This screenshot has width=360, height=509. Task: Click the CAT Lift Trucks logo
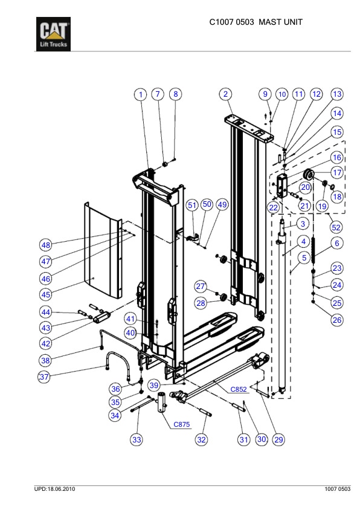click(54, 36)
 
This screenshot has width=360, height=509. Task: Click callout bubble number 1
click(140, 95)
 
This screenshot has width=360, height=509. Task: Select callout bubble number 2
click(225, 94)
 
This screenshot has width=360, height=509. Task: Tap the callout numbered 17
click(337, 172)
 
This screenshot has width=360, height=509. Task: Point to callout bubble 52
click(336, 228)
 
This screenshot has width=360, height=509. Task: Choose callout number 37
click(44, 377)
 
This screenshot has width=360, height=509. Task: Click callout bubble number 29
click(278, 440)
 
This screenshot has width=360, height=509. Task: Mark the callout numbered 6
click(337, 242)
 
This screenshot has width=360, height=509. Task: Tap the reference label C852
click(239, 390)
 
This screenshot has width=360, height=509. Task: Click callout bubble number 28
click(201, 302)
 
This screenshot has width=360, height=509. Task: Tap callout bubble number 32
click(202, 440)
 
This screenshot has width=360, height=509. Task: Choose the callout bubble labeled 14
click(337, 113)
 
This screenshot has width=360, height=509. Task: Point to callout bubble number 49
click(222, 205)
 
